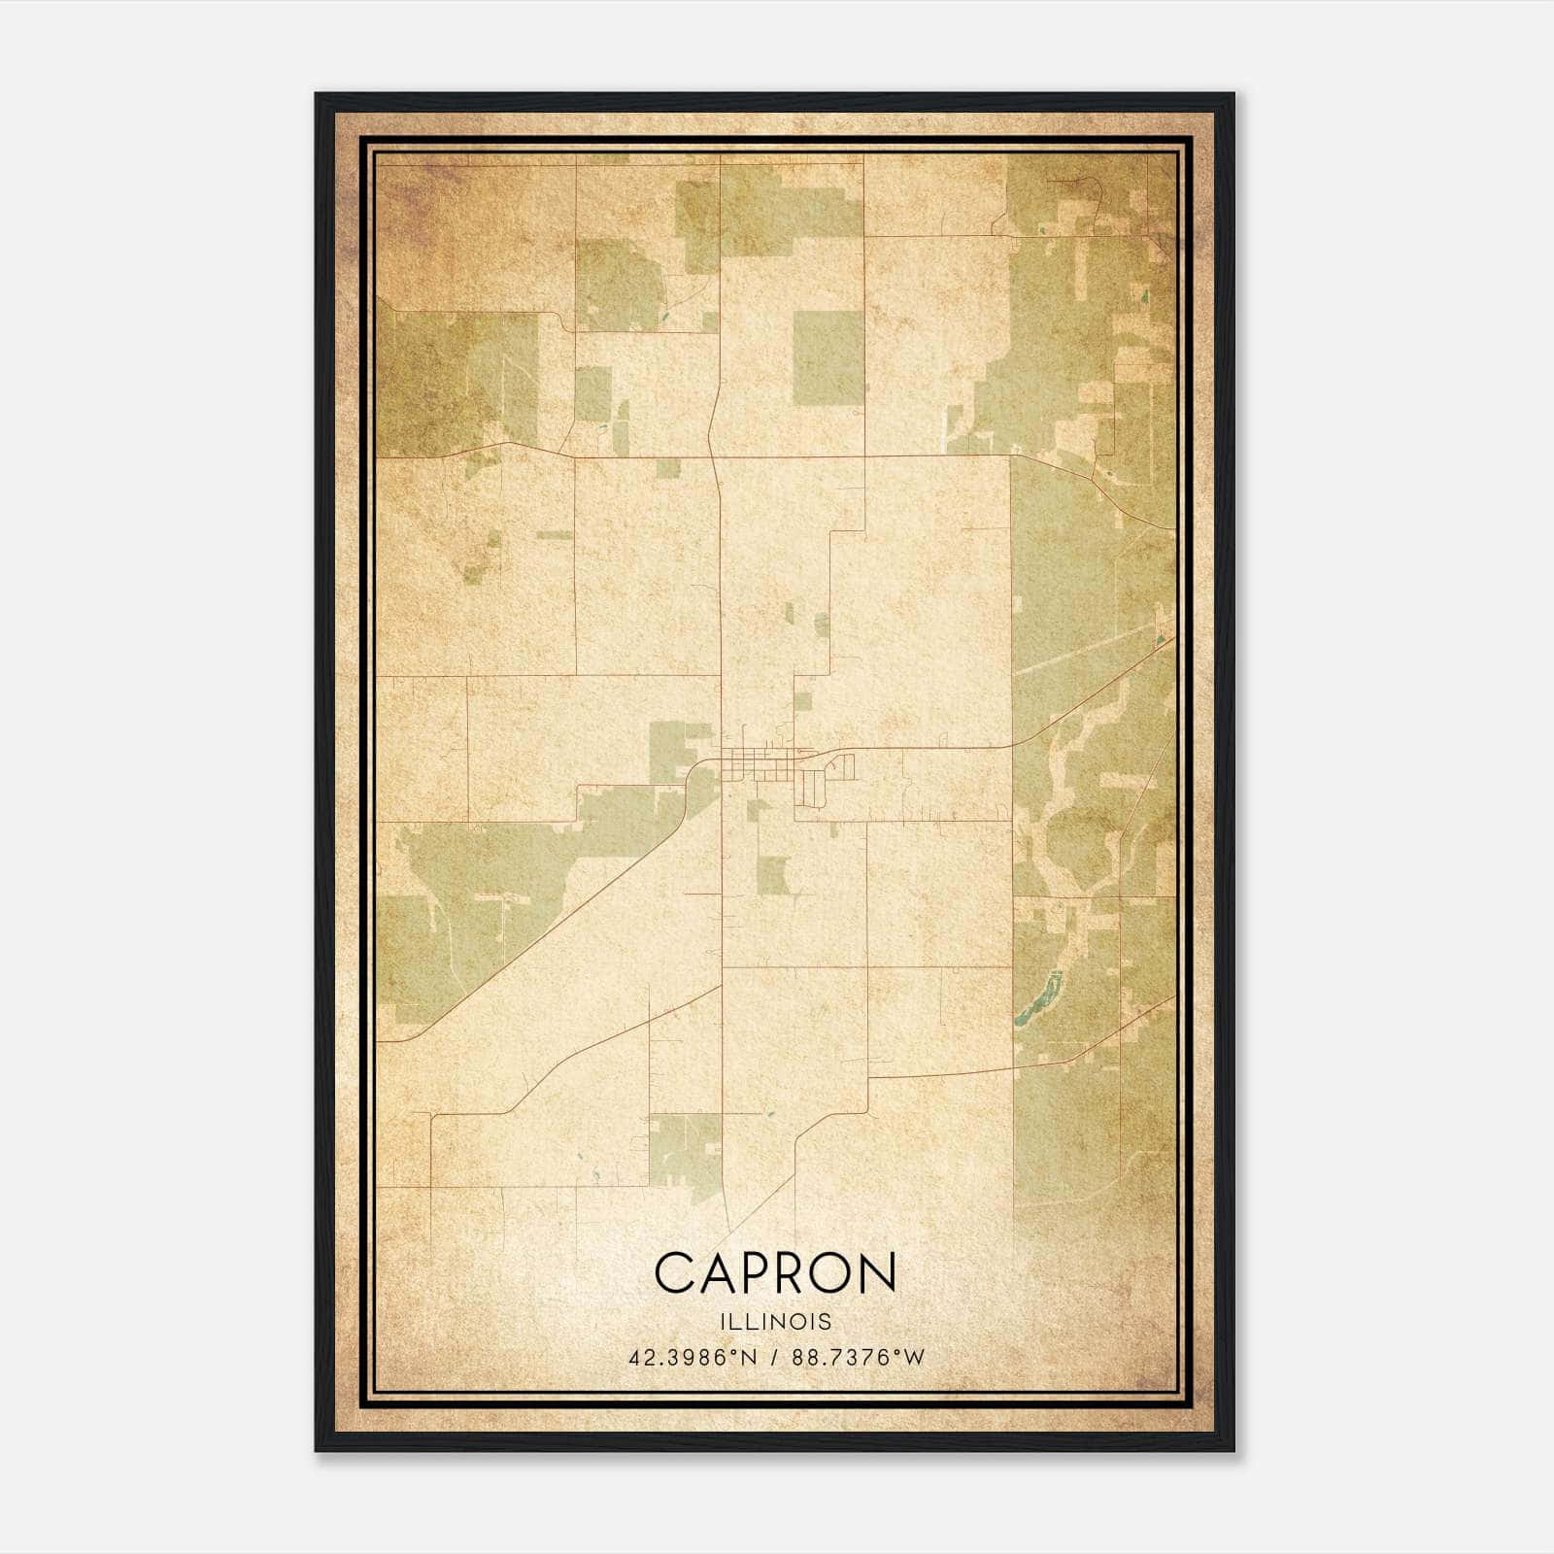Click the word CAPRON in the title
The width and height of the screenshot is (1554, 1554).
(x=775, y=1273)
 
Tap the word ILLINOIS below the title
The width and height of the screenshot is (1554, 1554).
(x=776, y=1322)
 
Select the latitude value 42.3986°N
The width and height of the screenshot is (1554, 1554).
(x=692, y=1358)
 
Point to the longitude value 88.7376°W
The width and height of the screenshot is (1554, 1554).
(x=859, y=1358)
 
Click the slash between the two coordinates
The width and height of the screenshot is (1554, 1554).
(x=774, y=1358)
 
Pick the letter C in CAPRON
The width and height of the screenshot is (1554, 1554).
(x=675, y=1273)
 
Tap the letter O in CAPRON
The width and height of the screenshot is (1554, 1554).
(x=831, y=1273)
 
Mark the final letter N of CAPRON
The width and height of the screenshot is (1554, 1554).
(x=877, y=1273)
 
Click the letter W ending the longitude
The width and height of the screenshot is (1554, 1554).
(x=915, y=1358)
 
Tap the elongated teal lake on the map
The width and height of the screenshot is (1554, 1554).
(x=1035, y=999)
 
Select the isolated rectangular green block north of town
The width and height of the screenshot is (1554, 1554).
(x=828, y=357)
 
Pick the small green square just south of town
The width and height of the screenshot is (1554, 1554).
(x=772, y=875)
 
